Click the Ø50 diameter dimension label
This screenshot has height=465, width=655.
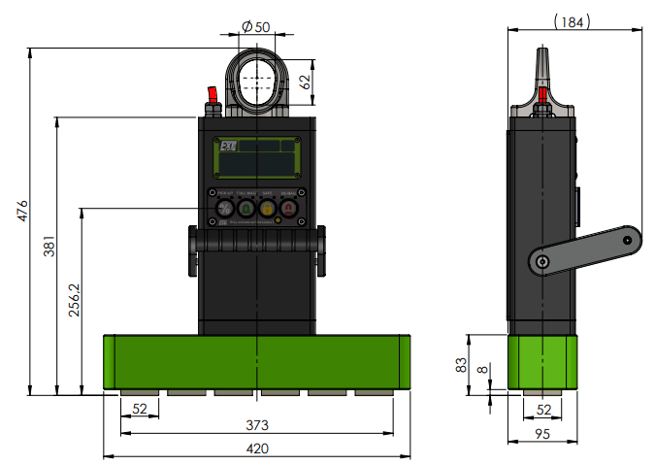255,26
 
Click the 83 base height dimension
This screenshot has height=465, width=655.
461,364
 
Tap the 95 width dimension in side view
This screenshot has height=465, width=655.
543,435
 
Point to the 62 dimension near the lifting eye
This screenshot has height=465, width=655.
305,82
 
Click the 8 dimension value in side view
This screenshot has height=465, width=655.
482,370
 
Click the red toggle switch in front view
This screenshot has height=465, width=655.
211,96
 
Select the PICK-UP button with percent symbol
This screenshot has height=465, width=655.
223,208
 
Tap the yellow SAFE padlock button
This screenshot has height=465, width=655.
267,208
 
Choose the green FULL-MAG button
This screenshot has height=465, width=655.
246,208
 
